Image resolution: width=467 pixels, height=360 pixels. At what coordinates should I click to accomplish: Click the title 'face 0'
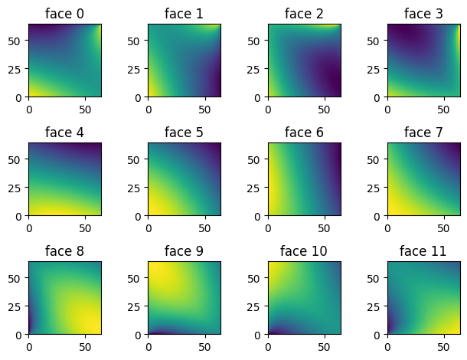(65, 13)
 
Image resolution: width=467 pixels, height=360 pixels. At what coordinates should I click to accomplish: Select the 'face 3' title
(423, 13)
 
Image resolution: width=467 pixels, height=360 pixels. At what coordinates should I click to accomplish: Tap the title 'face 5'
(185, 133)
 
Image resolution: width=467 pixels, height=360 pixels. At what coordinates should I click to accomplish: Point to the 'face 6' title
(304, 133)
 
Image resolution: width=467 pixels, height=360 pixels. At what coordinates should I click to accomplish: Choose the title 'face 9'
(185, 251)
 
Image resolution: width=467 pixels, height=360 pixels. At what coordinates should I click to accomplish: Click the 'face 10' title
(304, 251)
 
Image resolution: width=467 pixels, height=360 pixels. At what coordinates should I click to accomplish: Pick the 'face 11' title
(423, 251)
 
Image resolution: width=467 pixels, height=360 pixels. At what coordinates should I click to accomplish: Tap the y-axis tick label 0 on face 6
(260, 217)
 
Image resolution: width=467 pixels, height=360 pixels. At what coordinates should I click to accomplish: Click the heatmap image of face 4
(65, 179)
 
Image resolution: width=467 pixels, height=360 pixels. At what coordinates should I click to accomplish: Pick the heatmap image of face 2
(304, 61)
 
